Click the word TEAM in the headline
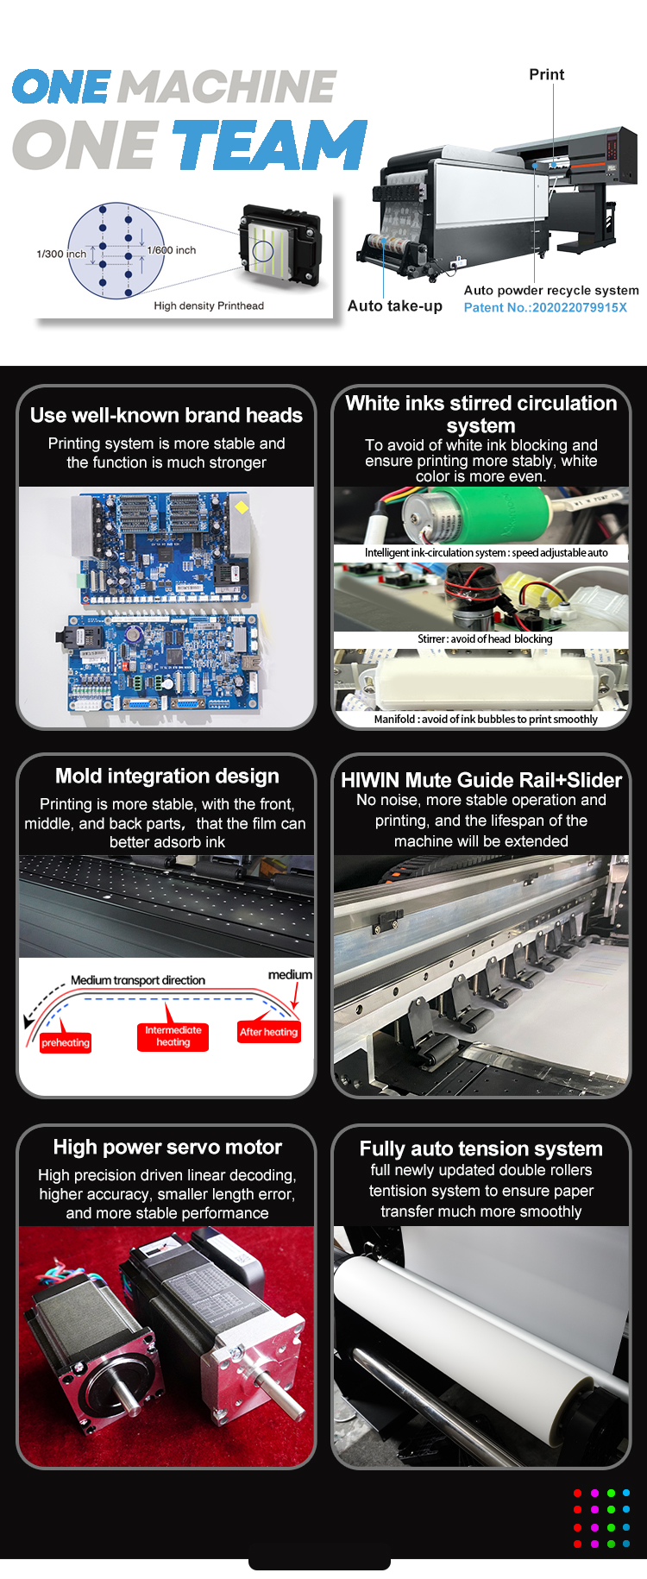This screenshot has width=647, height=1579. (x=271, y=144)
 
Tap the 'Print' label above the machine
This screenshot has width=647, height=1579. (x=547, y=75)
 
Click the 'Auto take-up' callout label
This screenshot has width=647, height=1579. (x=395, y=305)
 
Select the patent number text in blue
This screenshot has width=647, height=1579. (x=545, y=307)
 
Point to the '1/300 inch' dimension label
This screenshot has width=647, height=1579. (x=61, y=254)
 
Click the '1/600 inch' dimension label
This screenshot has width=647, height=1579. (x=172, y=250)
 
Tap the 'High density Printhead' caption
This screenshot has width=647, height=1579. (x=209, y=305)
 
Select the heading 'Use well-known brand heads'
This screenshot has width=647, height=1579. (x=166, y=415)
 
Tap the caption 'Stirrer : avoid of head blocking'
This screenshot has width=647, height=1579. (x=485, y=639)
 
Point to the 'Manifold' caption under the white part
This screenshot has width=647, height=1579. (x=486, y=719)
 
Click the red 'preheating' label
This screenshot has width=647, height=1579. (x=66, y=1042)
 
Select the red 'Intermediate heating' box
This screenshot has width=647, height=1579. (x=173, y=1036)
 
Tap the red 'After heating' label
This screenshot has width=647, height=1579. (x=269, y=1032)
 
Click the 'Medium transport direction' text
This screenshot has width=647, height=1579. (x=138, y=980)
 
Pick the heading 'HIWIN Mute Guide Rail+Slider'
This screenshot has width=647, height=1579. (x=481, y=780)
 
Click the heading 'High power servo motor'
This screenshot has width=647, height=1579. (x=167, y=1147)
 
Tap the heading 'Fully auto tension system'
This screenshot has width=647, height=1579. (x=481, y=1148)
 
